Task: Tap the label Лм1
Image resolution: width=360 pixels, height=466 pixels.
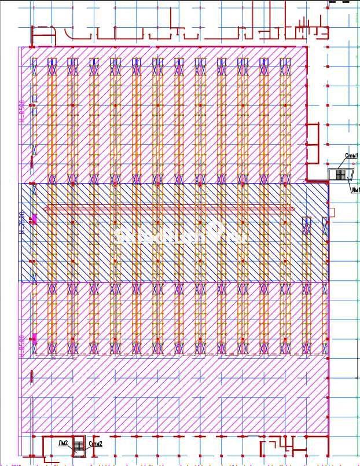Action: coord(354,189)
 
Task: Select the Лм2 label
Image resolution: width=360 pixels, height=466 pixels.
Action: coord(63,443)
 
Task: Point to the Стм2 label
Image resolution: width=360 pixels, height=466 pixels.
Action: coord(95,444)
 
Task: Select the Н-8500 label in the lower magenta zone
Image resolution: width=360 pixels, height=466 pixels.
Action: coord(22,346)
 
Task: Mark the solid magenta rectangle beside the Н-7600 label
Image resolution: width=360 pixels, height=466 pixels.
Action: coord(34,219)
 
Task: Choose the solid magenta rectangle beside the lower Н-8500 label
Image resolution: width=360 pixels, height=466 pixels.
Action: coord(34,339)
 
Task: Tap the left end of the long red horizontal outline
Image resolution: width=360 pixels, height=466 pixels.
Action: coord(46,208)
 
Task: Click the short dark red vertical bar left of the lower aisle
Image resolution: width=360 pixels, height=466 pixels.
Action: coord(31,377)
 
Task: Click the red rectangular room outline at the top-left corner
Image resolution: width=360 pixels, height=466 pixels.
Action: coord(43,35)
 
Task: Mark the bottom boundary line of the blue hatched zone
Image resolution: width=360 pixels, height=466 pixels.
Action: coord(174,282)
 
